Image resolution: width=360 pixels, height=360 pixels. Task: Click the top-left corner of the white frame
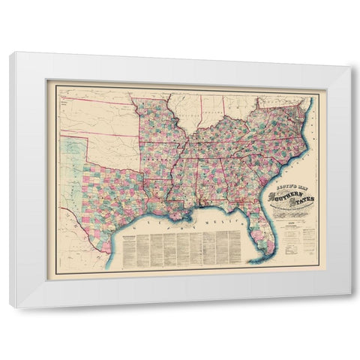pyautogui.click(x=10, y=53)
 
